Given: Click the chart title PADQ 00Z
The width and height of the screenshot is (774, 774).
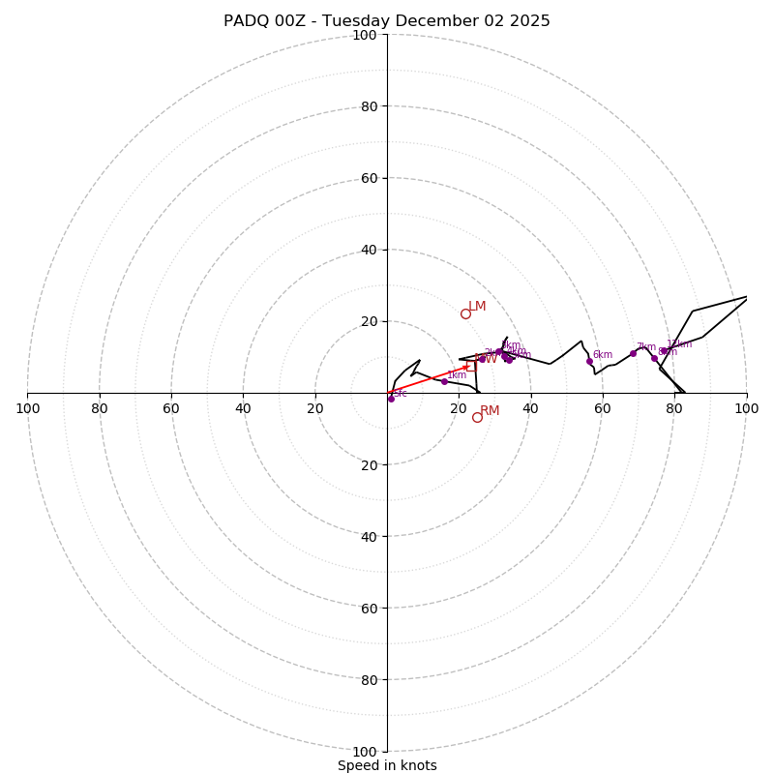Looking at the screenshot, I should click(x=387, y=21).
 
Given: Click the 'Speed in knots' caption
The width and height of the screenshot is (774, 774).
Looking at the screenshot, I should click(x=387, y=765).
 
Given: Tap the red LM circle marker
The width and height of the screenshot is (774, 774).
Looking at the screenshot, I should click(x=465, y=313).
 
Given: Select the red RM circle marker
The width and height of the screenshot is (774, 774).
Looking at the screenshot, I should click(x=477, y=417).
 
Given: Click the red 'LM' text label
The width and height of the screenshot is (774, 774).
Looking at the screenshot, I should click(x=477, y=307).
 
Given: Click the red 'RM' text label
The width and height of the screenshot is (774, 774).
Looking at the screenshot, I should click(x=490, y=411).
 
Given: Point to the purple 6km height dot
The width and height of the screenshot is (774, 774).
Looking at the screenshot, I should click(x=589, y=361).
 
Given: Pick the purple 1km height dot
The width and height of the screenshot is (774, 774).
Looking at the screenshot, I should click(x=444, y=381).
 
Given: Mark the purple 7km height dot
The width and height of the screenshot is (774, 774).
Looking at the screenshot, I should click(x=633, y=353).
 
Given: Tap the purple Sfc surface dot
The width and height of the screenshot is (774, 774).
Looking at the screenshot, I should click(x=391, y=399).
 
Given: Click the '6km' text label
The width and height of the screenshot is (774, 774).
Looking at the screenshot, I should click(x=603, y=355).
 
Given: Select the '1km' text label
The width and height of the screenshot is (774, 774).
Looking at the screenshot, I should click(x=457, y=375).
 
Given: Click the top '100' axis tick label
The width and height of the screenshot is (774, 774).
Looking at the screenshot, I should click(x=365, y=35).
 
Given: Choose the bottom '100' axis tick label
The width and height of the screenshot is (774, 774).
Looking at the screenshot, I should click(x=365, y=752).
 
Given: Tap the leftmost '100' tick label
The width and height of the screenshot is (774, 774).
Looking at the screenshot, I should click(x=27, y=408).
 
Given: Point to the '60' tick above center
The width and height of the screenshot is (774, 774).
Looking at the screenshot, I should click(x=369, y=178).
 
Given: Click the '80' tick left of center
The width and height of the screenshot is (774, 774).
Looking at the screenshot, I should click(x=100, y=408).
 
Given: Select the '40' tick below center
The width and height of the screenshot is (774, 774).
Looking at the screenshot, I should click(x=369, y=536).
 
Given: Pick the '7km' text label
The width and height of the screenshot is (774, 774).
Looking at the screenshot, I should click(x=646, y=347).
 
